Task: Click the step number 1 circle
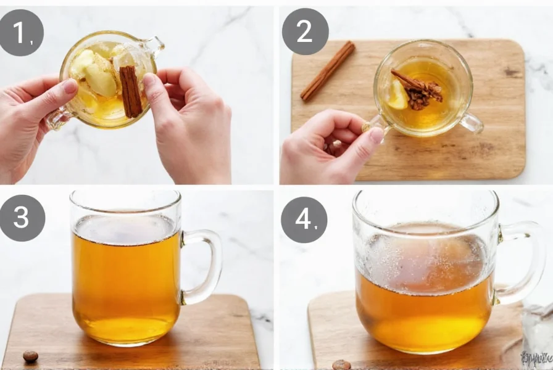point(22,33)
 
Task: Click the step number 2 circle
point(305,31)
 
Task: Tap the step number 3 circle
point(22,218)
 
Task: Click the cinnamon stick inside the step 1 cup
point(130,91)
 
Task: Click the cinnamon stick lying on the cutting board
point(328,70)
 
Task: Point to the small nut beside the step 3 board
point(30,356)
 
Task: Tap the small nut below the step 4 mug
point(341,364)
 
